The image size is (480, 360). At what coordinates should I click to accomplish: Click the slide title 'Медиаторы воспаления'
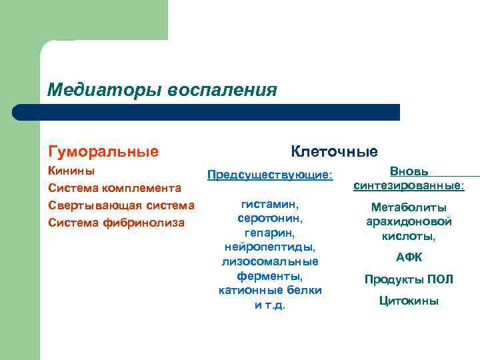(162, 90)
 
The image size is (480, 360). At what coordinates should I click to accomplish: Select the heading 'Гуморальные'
(103, 151)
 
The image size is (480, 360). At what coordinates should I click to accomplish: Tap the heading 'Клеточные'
(333, 151)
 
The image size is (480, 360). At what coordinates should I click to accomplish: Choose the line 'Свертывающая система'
(121, 205)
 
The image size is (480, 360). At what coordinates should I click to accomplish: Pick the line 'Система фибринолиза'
(117, 222)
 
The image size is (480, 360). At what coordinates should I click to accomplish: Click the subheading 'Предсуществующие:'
(270, 175)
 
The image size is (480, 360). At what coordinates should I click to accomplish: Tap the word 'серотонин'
(270, 217)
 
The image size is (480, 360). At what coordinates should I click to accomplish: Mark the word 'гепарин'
(270, 232)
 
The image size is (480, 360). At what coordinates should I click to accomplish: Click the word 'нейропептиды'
(270, 247)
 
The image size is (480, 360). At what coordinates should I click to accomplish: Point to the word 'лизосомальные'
(270, 261)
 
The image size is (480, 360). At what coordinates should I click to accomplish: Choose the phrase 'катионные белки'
(270, 291)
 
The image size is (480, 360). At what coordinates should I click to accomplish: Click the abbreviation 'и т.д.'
(270, 305)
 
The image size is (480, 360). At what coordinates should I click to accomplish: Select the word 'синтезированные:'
(409, 185)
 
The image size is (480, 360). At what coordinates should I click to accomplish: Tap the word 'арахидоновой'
(409, 221)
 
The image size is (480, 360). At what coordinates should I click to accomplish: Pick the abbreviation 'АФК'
(409, 257)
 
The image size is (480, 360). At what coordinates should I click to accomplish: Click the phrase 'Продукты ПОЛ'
(409, 279)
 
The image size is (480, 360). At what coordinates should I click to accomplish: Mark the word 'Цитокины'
(409, 301)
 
